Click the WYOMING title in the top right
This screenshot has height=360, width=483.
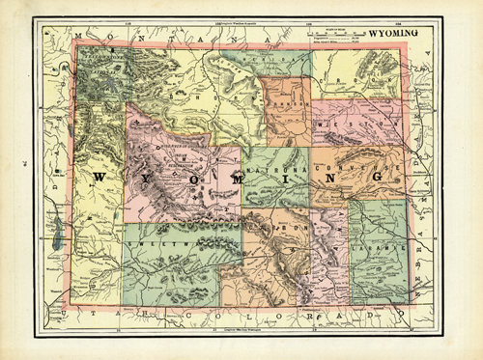tap(399, 32)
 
